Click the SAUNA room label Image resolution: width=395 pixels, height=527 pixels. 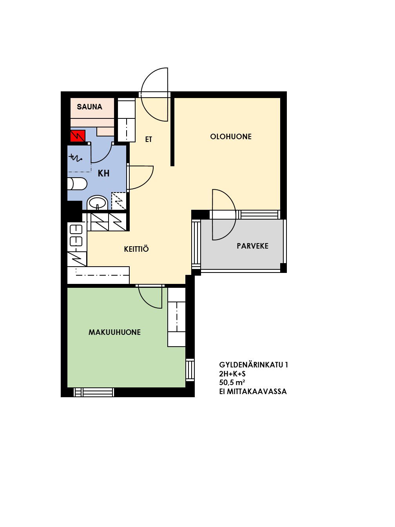(89, 107)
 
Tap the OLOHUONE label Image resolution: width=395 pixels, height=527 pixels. (231, 136)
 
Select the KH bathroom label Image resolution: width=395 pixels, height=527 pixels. (103, 173)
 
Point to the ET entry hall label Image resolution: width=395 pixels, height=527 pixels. (149, 140)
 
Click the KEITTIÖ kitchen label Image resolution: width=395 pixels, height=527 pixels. (136, 249)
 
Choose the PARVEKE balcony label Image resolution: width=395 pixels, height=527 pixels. (252, 246)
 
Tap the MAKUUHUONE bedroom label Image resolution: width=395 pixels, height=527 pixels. (115, 332)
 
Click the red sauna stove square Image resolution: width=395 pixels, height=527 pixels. (78, 136)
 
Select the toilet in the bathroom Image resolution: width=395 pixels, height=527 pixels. (77, 184)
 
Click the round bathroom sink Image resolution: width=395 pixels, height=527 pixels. (97, 203)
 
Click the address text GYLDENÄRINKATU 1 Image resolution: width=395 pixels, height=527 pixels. (253, 365)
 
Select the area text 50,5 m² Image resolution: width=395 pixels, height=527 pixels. (232, 382)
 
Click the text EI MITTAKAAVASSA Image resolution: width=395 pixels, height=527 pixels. (253, 391)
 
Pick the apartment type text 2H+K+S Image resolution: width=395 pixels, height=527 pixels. (232, 374)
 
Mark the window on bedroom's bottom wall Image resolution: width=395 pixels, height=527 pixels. (94, 392)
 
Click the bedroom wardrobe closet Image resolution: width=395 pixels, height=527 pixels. (176, 317)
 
